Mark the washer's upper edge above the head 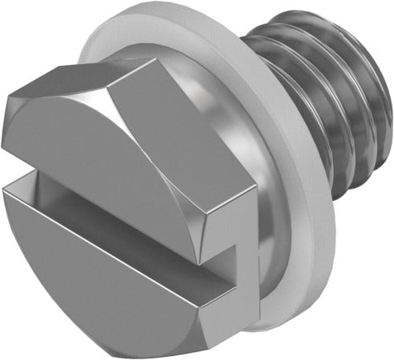coord(144,24)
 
